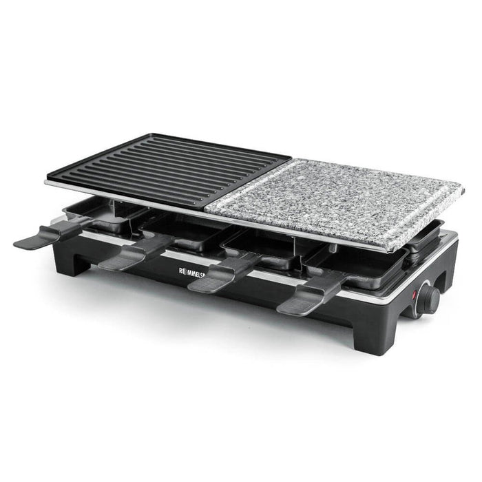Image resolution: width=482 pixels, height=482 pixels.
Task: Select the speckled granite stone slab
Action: pyautogui.click(x=337, y=196)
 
